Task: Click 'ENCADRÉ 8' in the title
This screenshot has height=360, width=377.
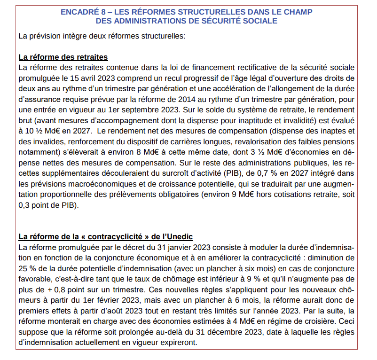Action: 81,11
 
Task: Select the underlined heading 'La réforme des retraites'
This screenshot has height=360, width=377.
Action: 63,57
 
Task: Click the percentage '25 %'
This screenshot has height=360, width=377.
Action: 26,267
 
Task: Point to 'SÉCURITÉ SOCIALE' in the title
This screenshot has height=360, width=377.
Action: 246,21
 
